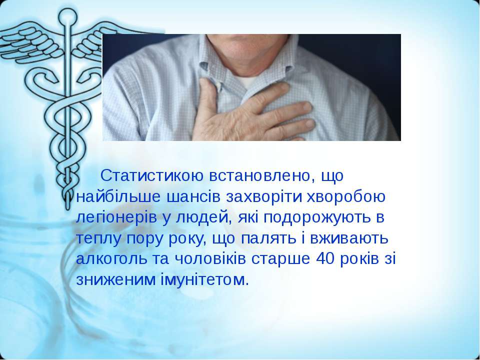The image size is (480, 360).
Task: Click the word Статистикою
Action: pyautogui.click(x=152, y=175)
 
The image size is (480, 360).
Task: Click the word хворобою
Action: pyautogui.click(x=346, y=197)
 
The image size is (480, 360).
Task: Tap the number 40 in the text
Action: pyautogui.click(x=325, y=259)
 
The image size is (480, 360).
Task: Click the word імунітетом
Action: pyautogui.click(x=205, y=279)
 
